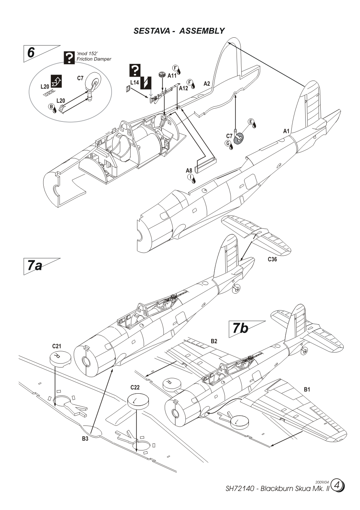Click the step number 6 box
click(31, 52)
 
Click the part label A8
click(189, 171)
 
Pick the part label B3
click(85, 439)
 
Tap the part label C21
click(56, 346)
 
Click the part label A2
click(207, 83)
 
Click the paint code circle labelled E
click(251, 121)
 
